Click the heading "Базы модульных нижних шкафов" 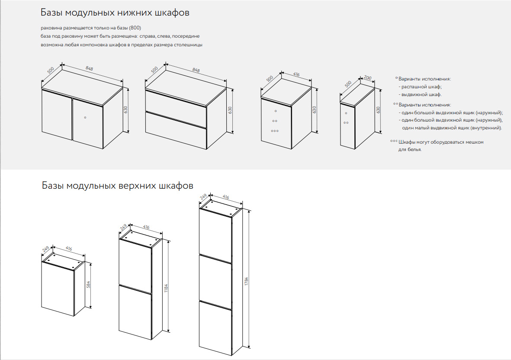point(115,13)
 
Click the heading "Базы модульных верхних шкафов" point(117,186)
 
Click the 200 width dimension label point(368,77)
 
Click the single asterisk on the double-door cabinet point(85,117)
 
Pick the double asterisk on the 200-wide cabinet point(346,123)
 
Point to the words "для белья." point(409,150)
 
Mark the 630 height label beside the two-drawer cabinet point(230,111)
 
